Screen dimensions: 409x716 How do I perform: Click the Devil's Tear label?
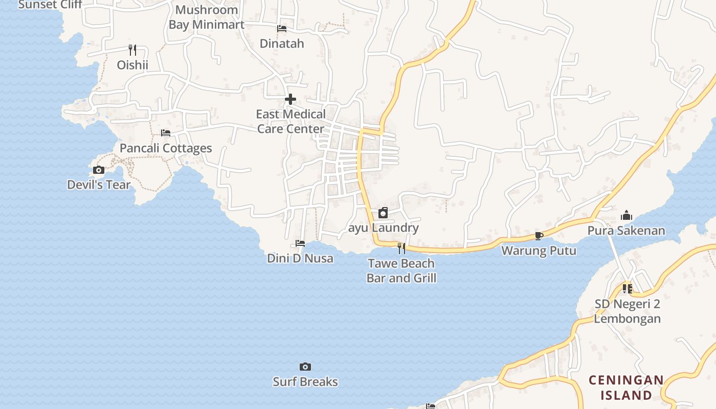tap(99, 185)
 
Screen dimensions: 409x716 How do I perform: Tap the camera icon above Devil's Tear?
tap(99, 170)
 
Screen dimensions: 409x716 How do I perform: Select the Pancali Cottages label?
tap(166, 148)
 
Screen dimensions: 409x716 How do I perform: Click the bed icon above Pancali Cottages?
tap(166, 133)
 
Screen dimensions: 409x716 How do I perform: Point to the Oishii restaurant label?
tap(132, 65)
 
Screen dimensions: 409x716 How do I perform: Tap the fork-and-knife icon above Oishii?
tap(132, 50)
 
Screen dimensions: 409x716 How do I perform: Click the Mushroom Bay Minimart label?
tap(207, 17)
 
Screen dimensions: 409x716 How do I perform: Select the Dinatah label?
tap(282, 43)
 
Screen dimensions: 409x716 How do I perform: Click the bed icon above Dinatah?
tap(282, 29)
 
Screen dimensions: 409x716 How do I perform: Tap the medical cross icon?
tap(290, 99)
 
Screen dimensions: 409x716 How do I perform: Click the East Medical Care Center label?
tap(290, 121)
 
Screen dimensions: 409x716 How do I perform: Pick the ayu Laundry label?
tap(384, 228)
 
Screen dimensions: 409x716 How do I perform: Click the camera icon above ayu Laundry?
tap(383, 213)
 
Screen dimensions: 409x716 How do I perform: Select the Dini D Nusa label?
tap(300, 258)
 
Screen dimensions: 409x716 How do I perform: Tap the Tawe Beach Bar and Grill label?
tap(401, 271)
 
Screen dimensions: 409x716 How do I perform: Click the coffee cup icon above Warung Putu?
tap(539, 236)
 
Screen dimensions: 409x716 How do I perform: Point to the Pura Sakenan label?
tap(626, 231)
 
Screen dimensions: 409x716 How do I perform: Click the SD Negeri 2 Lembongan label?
tap(628, 311)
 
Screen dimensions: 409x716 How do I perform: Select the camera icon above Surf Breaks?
tap(305, 367)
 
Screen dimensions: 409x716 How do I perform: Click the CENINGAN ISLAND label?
tap(626, 388)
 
